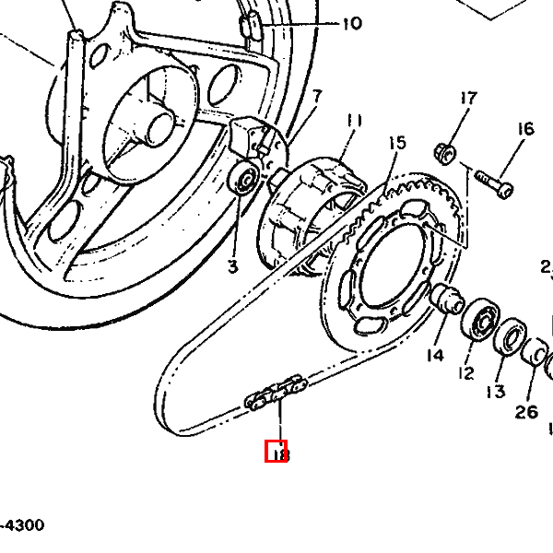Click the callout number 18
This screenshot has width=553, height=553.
[x=276, y=453]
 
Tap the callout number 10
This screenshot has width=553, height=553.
[x=352, y=24]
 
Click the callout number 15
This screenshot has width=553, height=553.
[x=396, y=143]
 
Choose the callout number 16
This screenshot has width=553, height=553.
[x=525, y=129]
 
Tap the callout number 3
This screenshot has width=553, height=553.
[x=232, y=266]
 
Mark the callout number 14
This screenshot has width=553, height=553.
[x=434, y=355]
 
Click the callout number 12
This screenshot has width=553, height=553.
[x=465, y=373]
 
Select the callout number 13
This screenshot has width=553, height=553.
[x=496, y=392]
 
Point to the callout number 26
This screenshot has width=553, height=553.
[x=526, y=412]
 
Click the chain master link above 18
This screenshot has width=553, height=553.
[x=275, y=392]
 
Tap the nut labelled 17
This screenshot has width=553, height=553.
[x=441, y=152]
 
